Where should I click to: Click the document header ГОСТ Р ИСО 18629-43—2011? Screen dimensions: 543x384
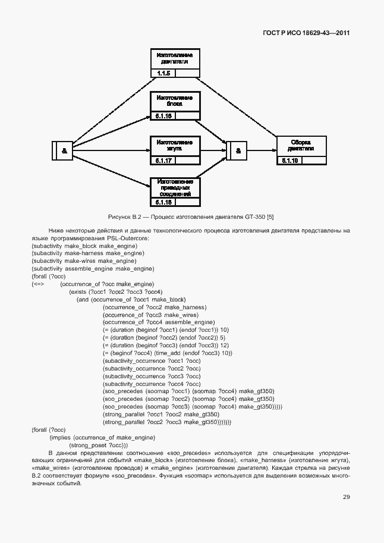point(306,33)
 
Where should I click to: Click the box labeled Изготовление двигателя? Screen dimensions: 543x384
point(174,58)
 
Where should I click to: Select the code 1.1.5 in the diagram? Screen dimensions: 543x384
point(163,73)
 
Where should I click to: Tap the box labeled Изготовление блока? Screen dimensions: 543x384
point(174,101)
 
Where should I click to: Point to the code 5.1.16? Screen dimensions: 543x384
point(163,116)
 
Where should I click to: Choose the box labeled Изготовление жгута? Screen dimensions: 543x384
point(174,146)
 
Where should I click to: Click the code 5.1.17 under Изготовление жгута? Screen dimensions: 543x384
point(163,161)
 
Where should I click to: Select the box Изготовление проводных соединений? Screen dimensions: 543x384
point(174,187)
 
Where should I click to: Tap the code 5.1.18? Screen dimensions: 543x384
point(163,202)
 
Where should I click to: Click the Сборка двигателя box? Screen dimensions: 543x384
point(301,146)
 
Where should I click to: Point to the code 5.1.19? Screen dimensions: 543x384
point(290,161)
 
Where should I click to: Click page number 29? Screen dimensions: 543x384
point(346,497)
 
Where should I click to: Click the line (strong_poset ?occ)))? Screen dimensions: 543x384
point(99,445)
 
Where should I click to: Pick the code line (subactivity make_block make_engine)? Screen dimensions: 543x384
point(84,246)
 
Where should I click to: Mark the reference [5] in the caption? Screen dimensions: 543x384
point(270,216)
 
